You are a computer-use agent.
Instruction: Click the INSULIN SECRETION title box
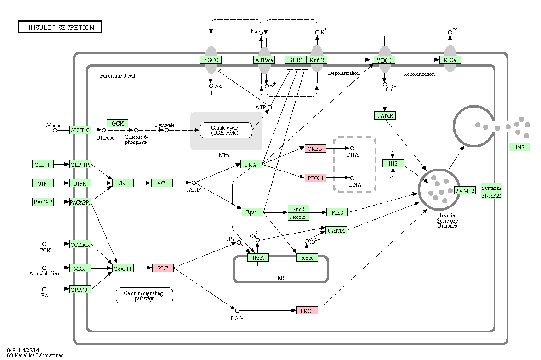click(60, 27)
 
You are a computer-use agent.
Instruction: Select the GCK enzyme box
click(118, 123)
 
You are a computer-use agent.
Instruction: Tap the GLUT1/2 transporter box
click(80, 130)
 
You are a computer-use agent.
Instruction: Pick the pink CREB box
click(315, 149)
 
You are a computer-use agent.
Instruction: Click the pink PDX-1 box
click(315, 178)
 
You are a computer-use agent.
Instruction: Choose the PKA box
click(251, 165)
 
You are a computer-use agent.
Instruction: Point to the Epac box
click(252, 212)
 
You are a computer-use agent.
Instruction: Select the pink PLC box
click(163, 268)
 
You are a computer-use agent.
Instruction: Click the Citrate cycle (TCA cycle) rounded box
click(226, 131)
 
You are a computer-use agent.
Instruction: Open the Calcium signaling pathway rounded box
click(144, 296)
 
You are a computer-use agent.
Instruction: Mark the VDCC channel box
click(384, 60)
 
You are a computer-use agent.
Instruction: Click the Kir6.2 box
click(317, 60)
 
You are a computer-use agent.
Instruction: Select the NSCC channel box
click(211, 60)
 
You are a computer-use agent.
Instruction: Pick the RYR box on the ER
click(307, 257)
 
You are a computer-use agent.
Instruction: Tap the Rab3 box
click(337, 212)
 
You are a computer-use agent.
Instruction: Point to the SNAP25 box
click(492, 195)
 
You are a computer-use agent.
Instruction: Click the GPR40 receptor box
click(80, 290)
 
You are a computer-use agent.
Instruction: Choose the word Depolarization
click(344, 73)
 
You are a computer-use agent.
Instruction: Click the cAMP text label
click(194, 190)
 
